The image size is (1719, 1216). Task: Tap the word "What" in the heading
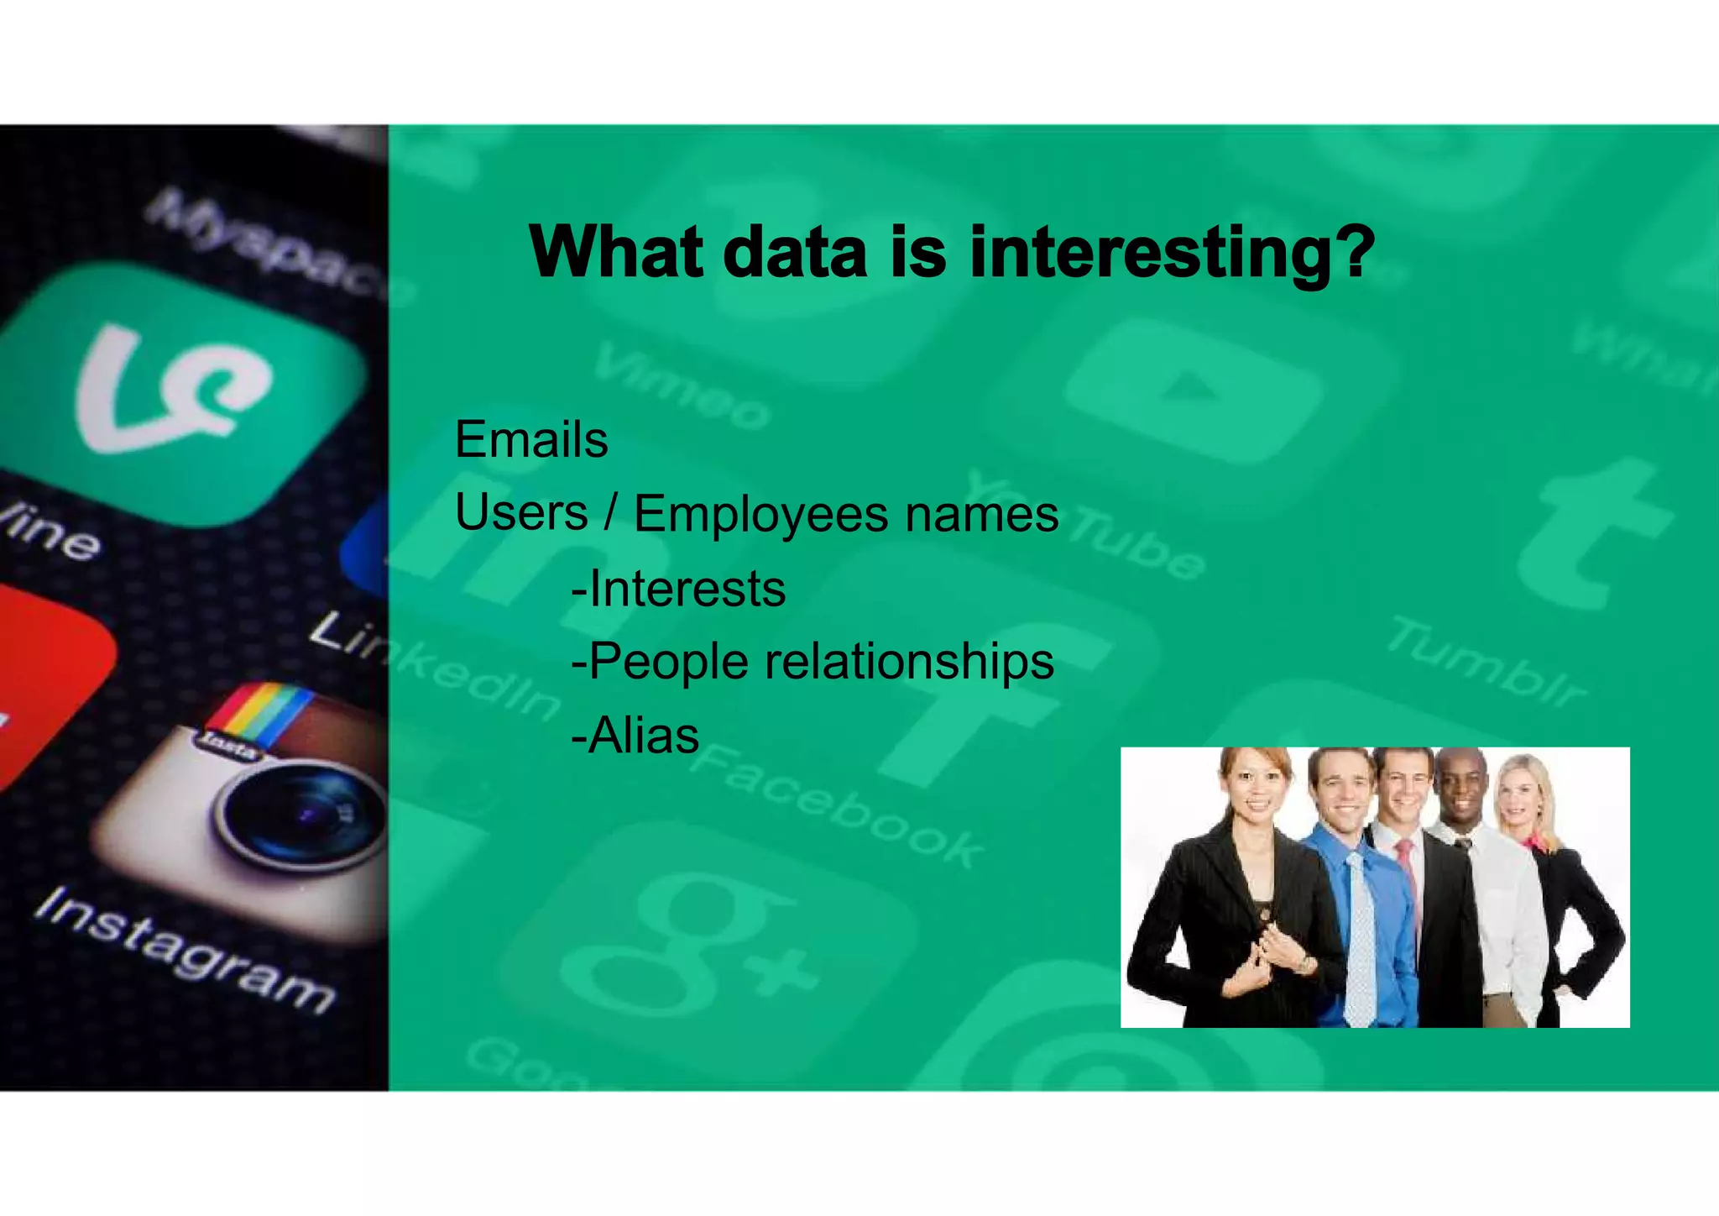616,252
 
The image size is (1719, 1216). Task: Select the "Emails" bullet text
531,439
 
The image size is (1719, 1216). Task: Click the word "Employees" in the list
760,513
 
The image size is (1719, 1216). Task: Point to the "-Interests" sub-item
678,588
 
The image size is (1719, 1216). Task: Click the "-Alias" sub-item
635,736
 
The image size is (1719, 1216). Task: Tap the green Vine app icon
176,390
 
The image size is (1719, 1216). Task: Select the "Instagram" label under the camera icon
185,949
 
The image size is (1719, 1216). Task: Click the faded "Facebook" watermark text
839,806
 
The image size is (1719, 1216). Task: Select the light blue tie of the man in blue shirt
1360,941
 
